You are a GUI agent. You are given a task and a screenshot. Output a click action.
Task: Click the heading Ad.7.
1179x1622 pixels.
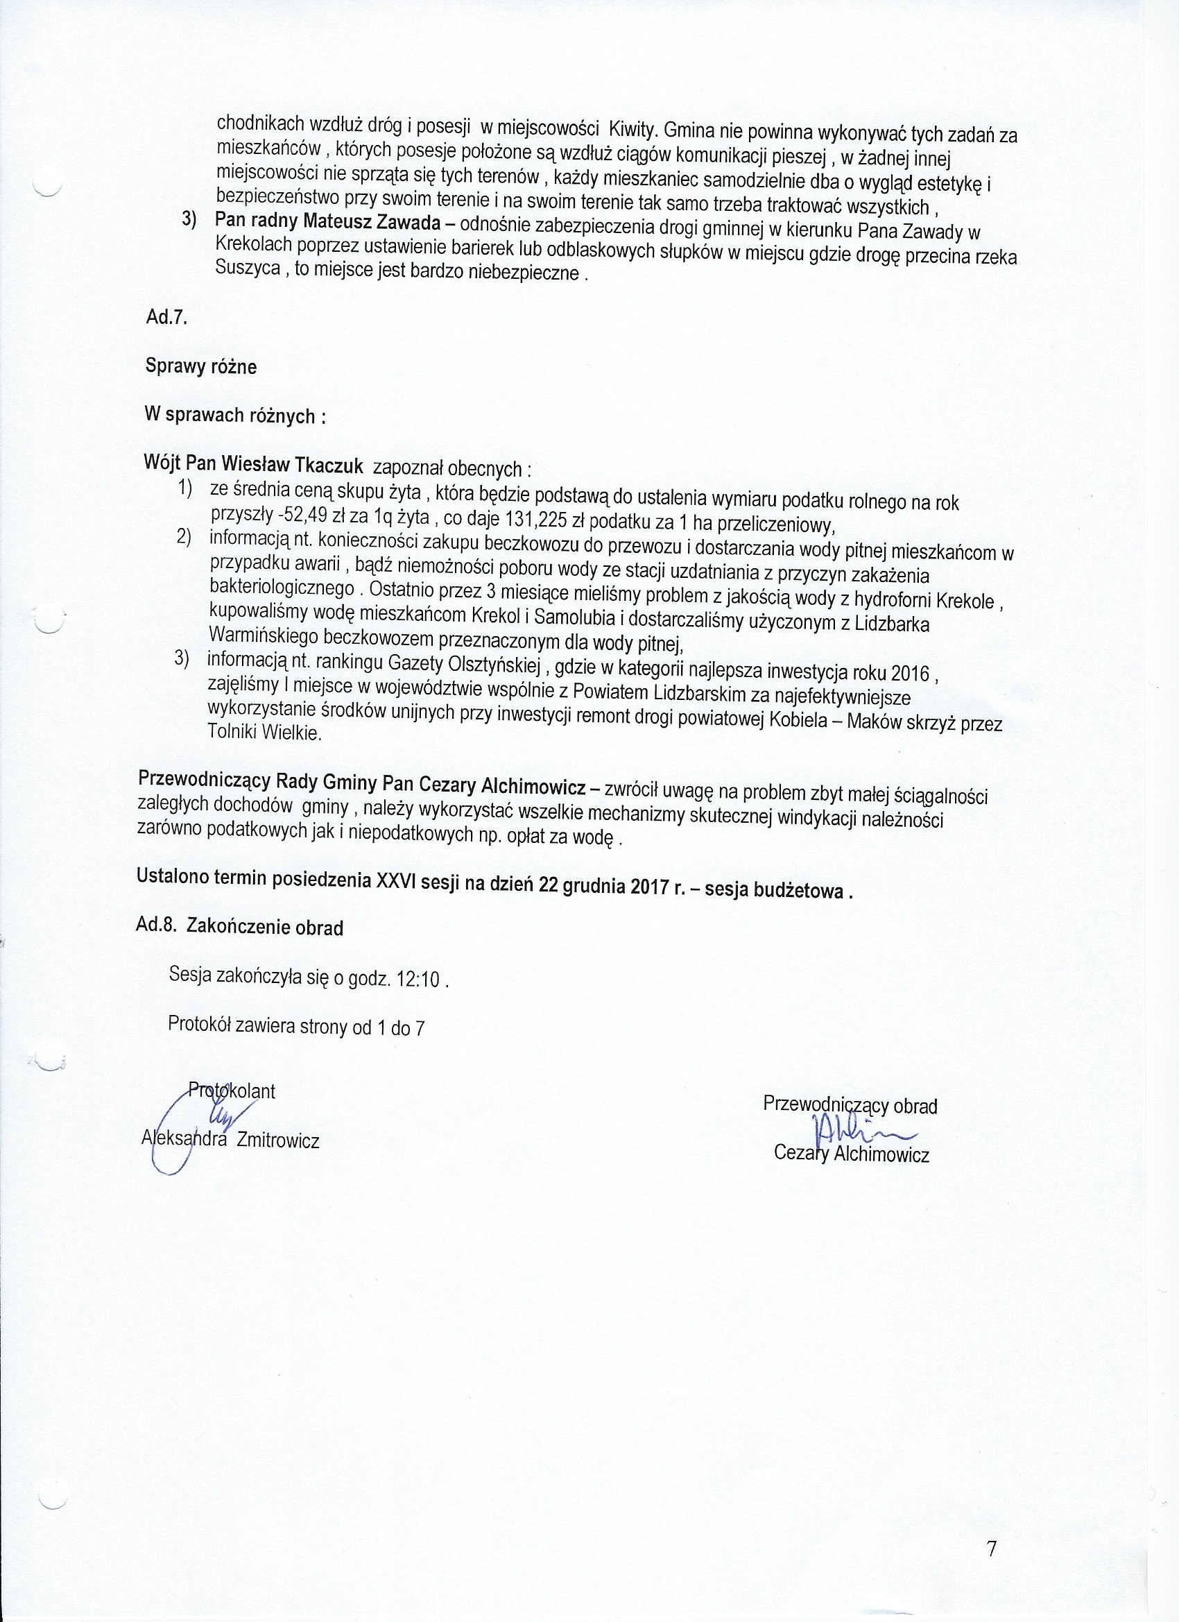(x=166, y=318)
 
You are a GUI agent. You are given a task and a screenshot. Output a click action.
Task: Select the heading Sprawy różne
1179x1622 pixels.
(x=201, y=367)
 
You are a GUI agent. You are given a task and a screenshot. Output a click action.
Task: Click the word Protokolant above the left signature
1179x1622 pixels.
(x=231, y=1091)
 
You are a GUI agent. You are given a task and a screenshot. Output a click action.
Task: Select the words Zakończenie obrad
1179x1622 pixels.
(x=264, y=928)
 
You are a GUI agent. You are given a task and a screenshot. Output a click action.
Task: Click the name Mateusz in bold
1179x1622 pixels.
(x=334, y=223)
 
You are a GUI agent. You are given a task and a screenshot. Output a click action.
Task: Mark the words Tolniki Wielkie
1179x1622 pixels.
(x=264, y=733)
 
